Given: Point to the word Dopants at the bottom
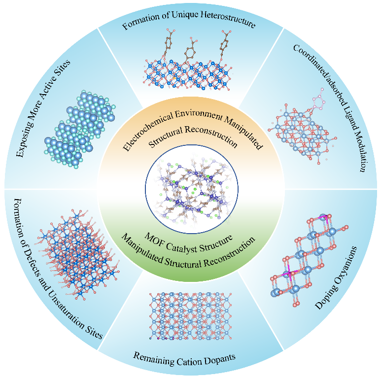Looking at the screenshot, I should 222,360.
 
